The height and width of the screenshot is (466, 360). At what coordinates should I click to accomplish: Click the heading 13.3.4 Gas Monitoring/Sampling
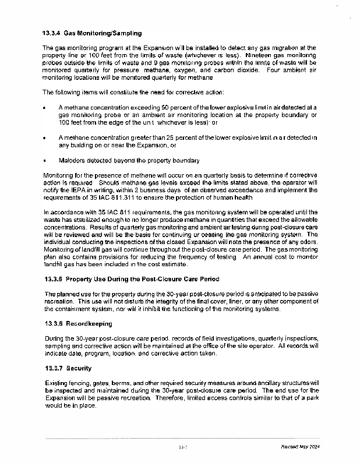(92, 33)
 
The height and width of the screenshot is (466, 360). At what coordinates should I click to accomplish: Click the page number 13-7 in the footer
(183, 447)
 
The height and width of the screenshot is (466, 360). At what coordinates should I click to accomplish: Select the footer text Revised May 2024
(300, 447)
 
